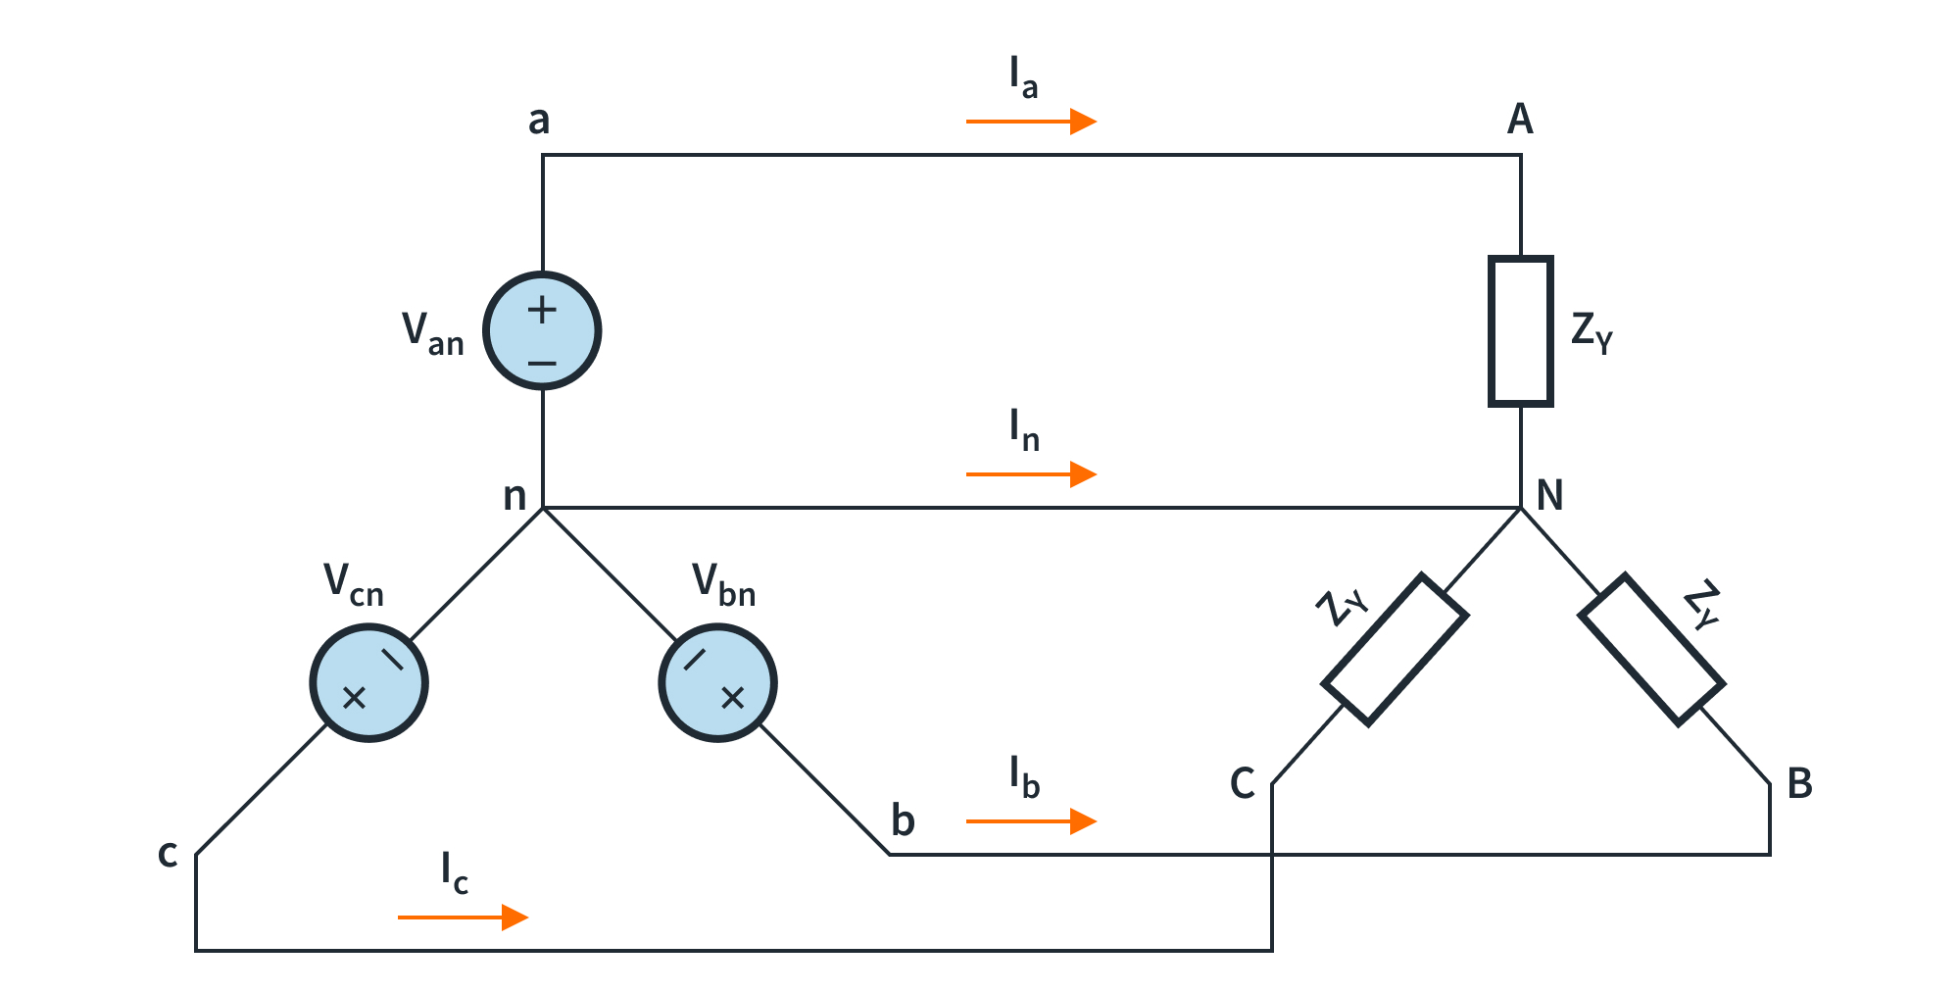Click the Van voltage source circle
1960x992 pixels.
(542, 330)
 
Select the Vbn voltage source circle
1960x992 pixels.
(717, 683)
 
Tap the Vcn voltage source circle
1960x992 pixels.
(368, 683)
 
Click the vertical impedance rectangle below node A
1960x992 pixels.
(1520, 331)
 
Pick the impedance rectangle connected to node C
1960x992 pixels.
(1395, 650)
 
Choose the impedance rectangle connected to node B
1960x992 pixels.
(1652, 649)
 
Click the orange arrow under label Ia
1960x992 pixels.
(1031, 122)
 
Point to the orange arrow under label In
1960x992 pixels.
(1031, 474)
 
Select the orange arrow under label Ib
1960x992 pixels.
(1031, 821)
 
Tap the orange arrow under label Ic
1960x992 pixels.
(463, 918)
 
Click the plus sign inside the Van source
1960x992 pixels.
(542, 311)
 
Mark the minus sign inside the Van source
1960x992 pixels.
(542, 364)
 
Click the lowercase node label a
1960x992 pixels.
(539, 121)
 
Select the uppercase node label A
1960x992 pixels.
(1520, 120)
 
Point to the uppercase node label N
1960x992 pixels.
(1549, 496)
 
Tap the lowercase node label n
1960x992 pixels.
(514, 497)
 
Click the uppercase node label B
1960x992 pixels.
(1799, 784)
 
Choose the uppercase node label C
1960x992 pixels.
(1243, 784)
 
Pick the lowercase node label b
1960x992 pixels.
(903, 820)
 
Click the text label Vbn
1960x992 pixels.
(723, 584)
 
